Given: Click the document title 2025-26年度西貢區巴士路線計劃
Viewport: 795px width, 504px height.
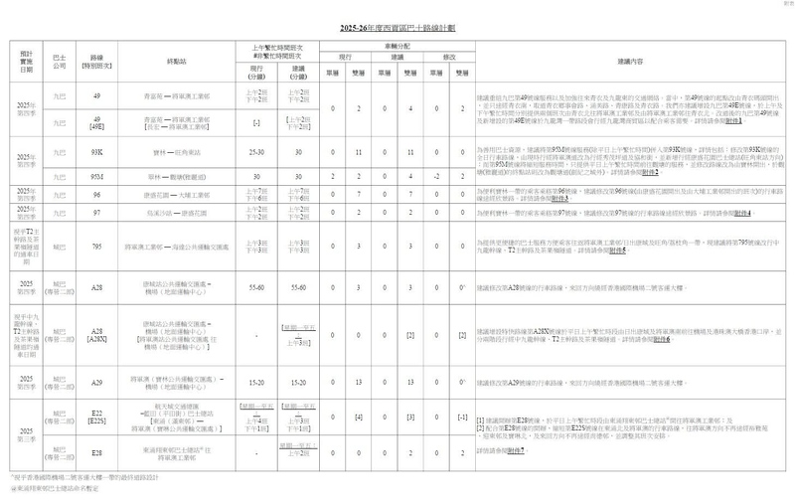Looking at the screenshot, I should (397, 27).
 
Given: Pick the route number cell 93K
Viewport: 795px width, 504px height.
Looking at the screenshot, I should (97, 153).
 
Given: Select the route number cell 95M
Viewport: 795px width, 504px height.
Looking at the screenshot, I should (97, 173).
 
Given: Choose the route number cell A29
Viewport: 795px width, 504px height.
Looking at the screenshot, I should (97, 382).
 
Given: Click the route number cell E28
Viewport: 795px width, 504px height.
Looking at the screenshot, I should (97, 452).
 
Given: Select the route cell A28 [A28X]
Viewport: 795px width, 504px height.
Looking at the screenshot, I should (97, 334).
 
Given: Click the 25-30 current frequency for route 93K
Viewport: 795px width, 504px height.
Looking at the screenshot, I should (256, 153).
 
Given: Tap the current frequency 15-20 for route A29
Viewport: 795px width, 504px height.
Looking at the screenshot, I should (256, 382).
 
